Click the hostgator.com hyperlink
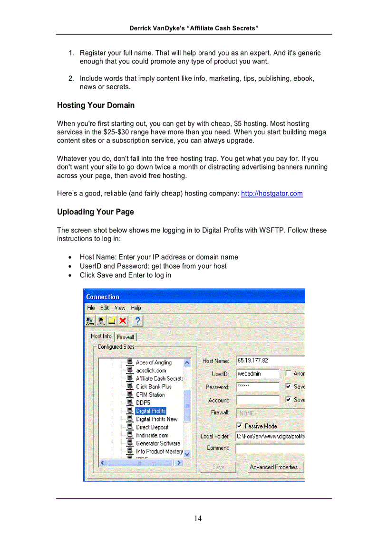tap(272, 194)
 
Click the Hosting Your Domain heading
tap(96, 105)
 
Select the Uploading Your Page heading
tap(95, 212)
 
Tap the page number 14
tap(197, 518)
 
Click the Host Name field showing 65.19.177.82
tap(270, 361)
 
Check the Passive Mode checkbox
tap(239, 426)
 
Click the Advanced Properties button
tap(275, 467)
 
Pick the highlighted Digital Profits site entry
tap(150, 411)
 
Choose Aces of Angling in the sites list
tap(153, 362)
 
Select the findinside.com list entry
tap(152, 435)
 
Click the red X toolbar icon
tap(123, 321)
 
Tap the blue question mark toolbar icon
tap(137, 321)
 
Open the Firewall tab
tap(126, 337)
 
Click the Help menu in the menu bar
tap(136, 308)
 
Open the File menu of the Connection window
tap(90, 308)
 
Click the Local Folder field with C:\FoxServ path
tap(270, 436)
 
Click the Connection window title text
tap(103, 297)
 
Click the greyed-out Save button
tap(218, 467)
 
